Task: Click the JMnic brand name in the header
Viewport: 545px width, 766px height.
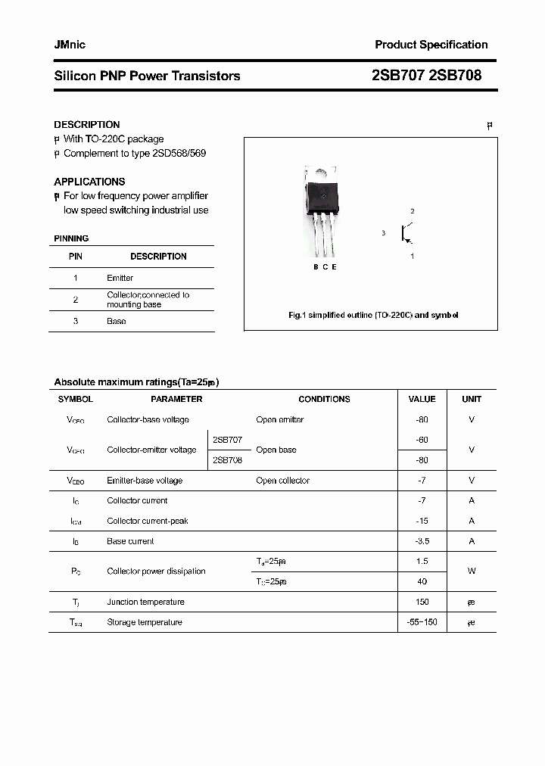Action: [70, 45]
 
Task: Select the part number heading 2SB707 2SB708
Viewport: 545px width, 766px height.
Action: [427, 76]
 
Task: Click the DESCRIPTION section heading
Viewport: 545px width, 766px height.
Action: [87, 124]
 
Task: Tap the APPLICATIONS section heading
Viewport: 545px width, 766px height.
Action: [89, 182]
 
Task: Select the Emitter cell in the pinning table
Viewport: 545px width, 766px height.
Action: [120, 278]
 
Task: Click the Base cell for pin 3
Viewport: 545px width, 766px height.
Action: [117, 321]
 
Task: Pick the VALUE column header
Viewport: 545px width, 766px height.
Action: [422, 399]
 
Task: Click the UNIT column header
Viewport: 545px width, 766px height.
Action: [472, 399]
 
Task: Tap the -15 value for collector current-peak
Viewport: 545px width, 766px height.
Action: [422, 521]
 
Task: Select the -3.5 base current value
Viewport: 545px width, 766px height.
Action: [422, 541]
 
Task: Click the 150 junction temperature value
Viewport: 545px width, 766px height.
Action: [422, 602]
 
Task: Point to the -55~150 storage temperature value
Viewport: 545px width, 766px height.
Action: [422, 622]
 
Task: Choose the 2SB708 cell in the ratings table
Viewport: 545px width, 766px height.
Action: [227, 459]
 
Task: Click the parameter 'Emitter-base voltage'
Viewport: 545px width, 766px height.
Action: [145, 481]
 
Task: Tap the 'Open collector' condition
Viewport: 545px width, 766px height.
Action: [282, 481]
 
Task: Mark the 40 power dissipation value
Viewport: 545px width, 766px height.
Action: [422, 581]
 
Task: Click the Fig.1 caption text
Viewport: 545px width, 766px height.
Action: [373, 315]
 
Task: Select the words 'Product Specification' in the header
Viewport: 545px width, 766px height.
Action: [431, 45]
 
